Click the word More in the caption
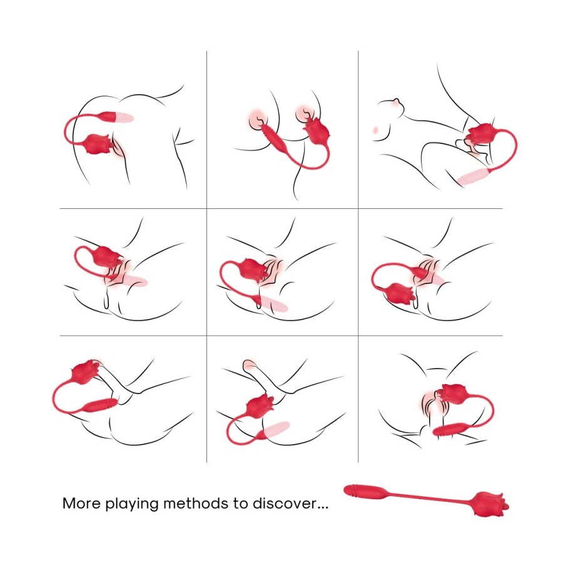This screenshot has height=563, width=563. click(x=81, y=503)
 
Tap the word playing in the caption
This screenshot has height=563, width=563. click(x=132, y=504)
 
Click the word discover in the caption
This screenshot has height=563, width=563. click(x=285, y=503)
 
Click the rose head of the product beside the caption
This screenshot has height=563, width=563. click(x=490, y=504)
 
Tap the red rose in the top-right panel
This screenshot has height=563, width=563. click(x=480, y=135)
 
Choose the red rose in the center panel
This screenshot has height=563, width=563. click(x=253, y=268)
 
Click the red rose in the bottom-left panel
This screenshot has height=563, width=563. click(x=86, y=371)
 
